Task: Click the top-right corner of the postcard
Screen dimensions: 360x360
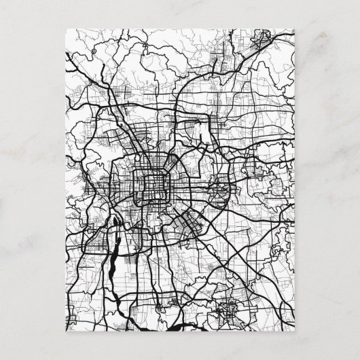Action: pos(295,29)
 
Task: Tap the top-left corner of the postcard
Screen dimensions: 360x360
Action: pos(65,29)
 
